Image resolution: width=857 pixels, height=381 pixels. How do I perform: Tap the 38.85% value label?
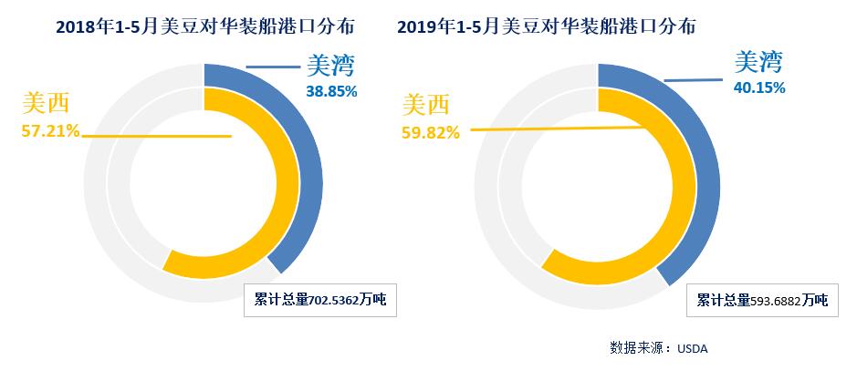tap(329, 92)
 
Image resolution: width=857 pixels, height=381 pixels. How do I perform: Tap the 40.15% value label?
tap(759, 88)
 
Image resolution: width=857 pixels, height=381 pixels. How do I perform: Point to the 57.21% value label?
tap(50, 132)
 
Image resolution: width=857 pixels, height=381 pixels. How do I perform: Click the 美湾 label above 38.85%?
tap(329, 67)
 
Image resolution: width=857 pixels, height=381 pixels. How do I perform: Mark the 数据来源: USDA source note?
tap(658, 348)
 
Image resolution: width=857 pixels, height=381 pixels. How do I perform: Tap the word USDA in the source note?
tap(692, 348)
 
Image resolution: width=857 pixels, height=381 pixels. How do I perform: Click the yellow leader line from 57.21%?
tap(155, 136)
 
